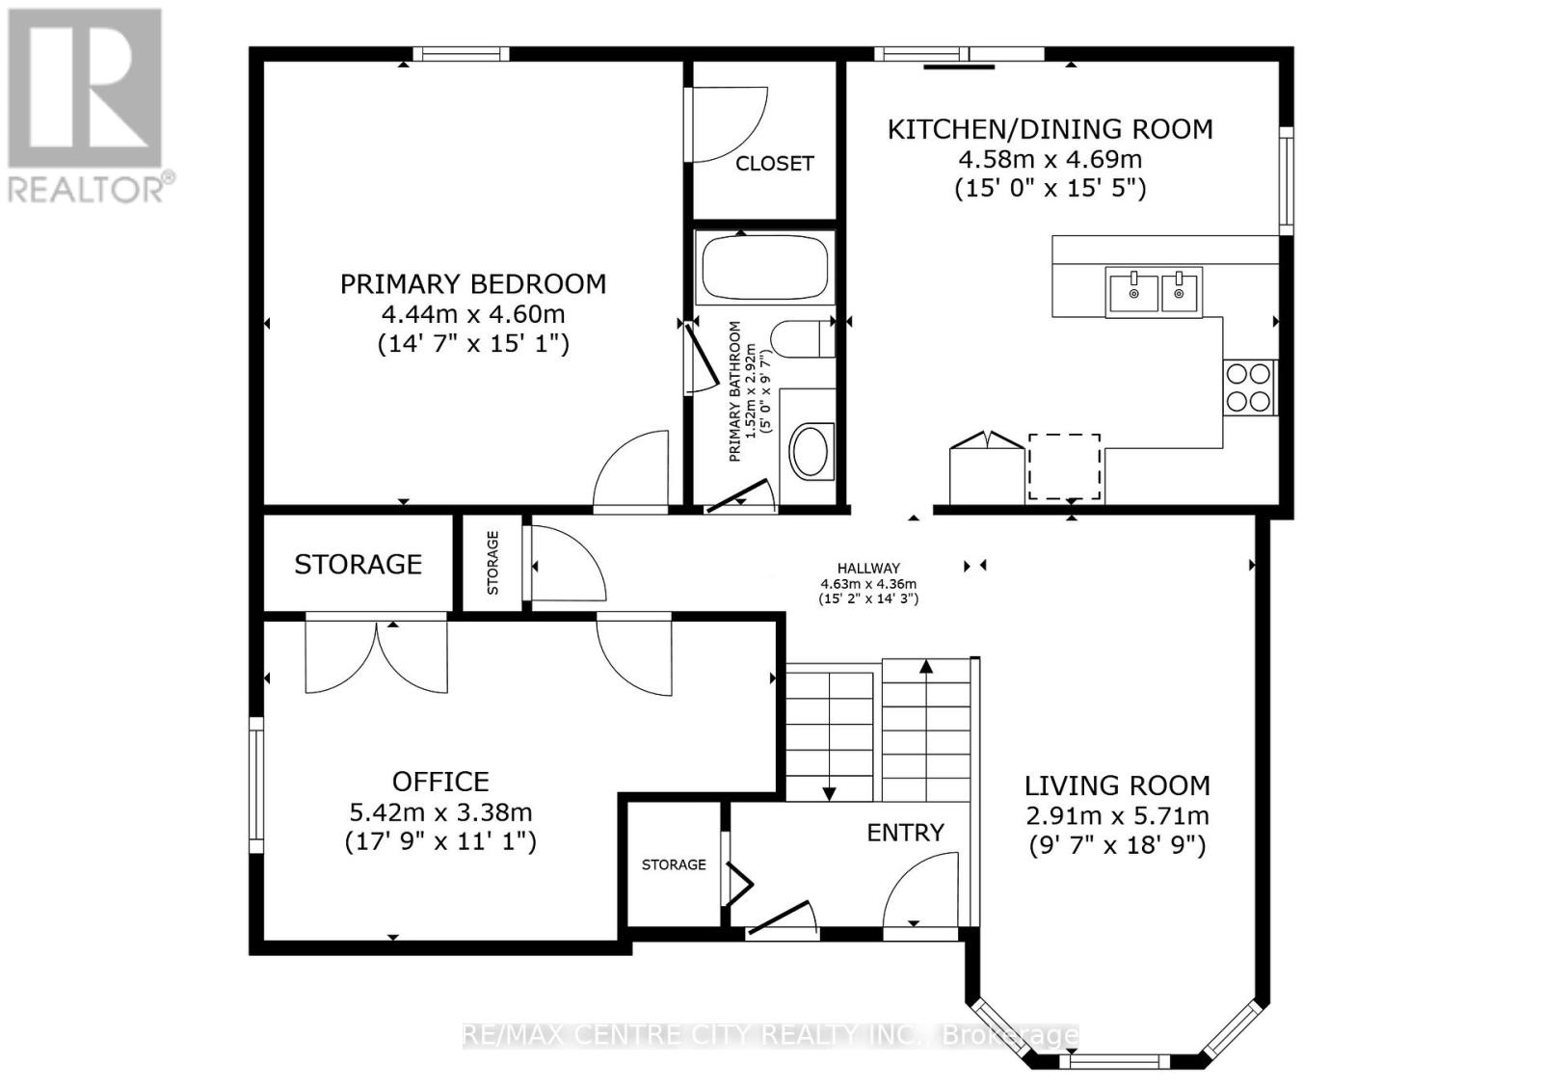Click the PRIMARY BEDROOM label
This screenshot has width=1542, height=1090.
pyautogui.click(x=472, y=284)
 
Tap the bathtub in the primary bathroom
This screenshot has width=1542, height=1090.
pyautogui.click(x=765, y=269)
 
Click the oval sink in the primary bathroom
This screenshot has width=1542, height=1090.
pyautogui.click(x=810, y=451)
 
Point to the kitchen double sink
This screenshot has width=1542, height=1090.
pyautogui.click(x=1155, y=290)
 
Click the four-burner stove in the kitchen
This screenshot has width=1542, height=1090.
pyautogui.click(x=1248, y=387)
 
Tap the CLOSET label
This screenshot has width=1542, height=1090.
pyautogui.click(x=774, y=164)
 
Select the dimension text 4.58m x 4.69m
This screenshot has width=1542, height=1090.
pyautogui.click(x=1050, y=159)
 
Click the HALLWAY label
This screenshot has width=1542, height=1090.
pyautogui.click(x=868, y=569)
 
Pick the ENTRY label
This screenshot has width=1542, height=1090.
pyautogui.click(x=905, y=833)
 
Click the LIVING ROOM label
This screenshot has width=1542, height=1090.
pyautogui.click(x=1117, y=785)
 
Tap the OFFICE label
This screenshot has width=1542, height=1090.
pyautogui.click(x=440, y=782)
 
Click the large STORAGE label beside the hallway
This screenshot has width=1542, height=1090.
pyautogui.click(x=358, y=565)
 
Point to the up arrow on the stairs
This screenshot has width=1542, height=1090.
pyautogui.click(x=926, y=667)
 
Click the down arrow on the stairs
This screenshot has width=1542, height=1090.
pyautogui.click(x=828, y=792)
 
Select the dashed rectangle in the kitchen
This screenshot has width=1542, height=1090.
pyautogui.click(x=1064, y=467)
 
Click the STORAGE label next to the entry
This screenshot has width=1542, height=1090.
pyautogui.click(x=674, y=864)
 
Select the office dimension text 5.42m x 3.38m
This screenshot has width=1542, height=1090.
pyautogui.click(x=440, y=812)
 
